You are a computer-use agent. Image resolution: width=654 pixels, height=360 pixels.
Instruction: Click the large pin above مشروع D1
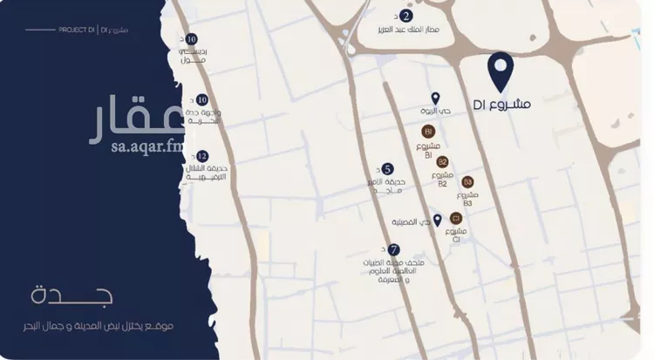pyautogui.click(x=500, y=70)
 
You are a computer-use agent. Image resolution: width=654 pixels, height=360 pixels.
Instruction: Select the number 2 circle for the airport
pyautogui.click(x=407, y=16)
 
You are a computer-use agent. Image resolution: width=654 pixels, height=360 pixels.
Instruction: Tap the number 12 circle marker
pyautogui.click(x=202, y=156)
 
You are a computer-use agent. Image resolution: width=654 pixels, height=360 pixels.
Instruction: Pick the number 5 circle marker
pyautogui.click(x=388, y=169)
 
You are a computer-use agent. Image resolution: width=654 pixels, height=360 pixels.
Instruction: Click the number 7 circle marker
pyautogui.click(x=394, y=248)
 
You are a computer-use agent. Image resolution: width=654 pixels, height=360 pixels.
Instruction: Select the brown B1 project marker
pyautogui.click(x=429, y=131)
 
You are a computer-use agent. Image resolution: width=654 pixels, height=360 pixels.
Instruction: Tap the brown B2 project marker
pyautogui.click(x=442, y=162)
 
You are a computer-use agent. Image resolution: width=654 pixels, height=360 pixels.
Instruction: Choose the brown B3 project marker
pyautogui.click(x=467, y=181)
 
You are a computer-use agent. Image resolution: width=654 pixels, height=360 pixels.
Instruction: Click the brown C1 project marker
pyautogui.click(x=455, y=218)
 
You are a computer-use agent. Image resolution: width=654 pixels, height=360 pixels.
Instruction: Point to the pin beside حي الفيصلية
pyautogui.click(x=438, y=220)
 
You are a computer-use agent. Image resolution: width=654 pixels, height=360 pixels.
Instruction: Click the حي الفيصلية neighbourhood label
pyautogui.click(x=409, y=222)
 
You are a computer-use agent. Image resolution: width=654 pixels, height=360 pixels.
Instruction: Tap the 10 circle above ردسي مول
pyautogui.click(x=192, y=39)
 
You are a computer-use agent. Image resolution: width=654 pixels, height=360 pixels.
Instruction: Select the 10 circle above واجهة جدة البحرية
pyautogui.click(x=202, y=100)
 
